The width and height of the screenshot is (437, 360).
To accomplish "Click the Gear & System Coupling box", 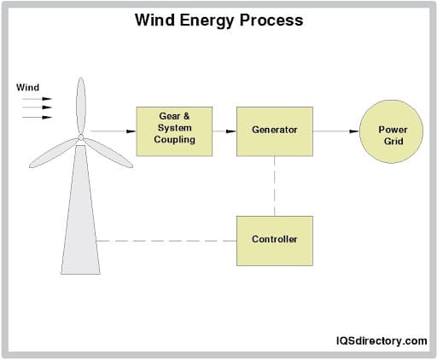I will [x=174, y=131].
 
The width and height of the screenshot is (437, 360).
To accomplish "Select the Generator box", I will [x=274, y=131].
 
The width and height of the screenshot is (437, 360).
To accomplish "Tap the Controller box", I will [x=274, y=240].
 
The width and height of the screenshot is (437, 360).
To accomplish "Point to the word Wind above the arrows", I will [x=28, y=87].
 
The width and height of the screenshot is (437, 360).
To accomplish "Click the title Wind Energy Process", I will [x=218, y=20].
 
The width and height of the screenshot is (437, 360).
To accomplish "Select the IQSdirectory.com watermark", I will [x=380, y=340].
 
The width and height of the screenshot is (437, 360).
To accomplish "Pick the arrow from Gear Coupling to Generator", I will [x=224, y=131].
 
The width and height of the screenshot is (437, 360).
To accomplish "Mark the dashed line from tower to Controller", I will [x=166, y=241].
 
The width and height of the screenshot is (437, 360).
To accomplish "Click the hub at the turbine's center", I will [x=80, y=136].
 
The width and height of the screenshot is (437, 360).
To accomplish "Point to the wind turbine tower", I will [x=80, y=222].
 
